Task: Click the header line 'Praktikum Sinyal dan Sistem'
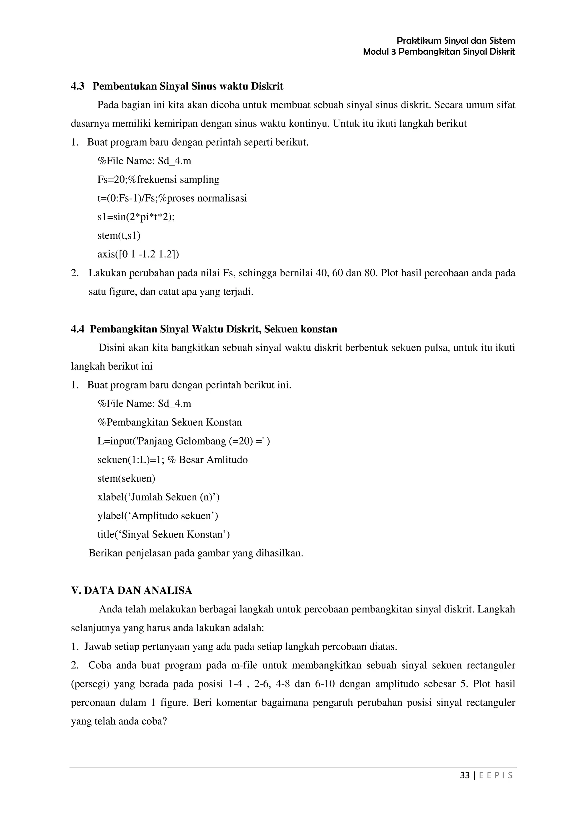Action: pos(456,40)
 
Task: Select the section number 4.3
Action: pos(78,86)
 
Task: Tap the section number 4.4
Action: pos(78,329)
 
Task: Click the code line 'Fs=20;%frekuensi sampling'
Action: pos(158,179)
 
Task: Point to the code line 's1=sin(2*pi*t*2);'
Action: pos(136,217)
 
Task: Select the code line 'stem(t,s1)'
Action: pos(119,235)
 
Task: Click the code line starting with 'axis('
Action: pos(138,254)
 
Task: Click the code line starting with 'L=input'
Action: pos(183,441)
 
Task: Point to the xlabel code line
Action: pos(158,497)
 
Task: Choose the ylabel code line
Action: pos(157,515)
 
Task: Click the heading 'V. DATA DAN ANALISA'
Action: pos(131,591)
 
